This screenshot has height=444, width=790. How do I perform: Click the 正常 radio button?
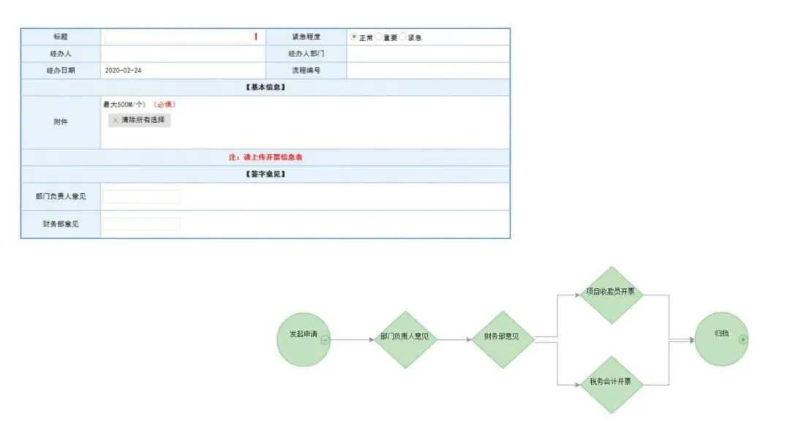[x=355, y=37]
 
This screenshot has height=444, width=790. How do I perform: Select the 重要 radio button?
[x=379, y=37]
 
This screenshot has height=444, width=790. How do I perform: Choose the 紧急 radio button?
[x=403, y=37]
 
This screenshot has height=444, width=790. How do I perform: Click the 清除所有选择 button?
[x=139, y=120]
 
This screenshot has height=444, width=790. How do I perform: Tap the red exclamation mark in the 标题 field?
[x=256, y=37]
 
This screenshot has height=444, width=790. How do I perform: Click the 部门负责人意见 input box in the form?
[x=141, y=196]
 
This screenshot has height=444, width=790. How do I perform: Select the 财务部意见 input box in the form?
[x=141, y=224]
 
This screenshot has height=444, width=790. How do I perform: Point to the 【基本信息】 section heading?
[x=265, y=88]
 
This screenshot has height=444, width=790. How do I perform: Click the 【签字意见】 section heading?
[x=265, y=174]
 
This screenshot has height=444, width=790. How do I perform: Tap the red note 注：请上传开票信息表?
[x=265, y=157]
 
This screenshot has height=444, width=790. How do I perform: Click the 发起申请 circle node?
[x=304, y=339]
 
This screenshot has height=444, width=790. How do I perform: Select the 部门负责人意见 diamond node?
[x=405, y=339]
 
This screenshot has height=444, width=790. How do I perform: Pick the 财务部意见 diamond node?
[x=502, y=339]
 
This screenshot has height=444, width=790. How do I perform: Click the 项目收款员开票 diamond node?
[x=612, y=294]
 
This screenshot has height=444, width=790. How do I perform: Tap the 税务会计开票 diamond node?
[x=612, y=384]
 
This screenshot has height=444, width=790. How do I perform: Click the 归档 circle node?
[x=721, y=339]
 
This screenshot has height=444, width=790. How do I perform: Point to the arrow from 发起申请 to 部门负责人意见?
[x=351, y=339]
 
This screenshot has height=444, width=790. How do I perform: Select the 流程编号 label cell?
[x=306, y=71]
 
